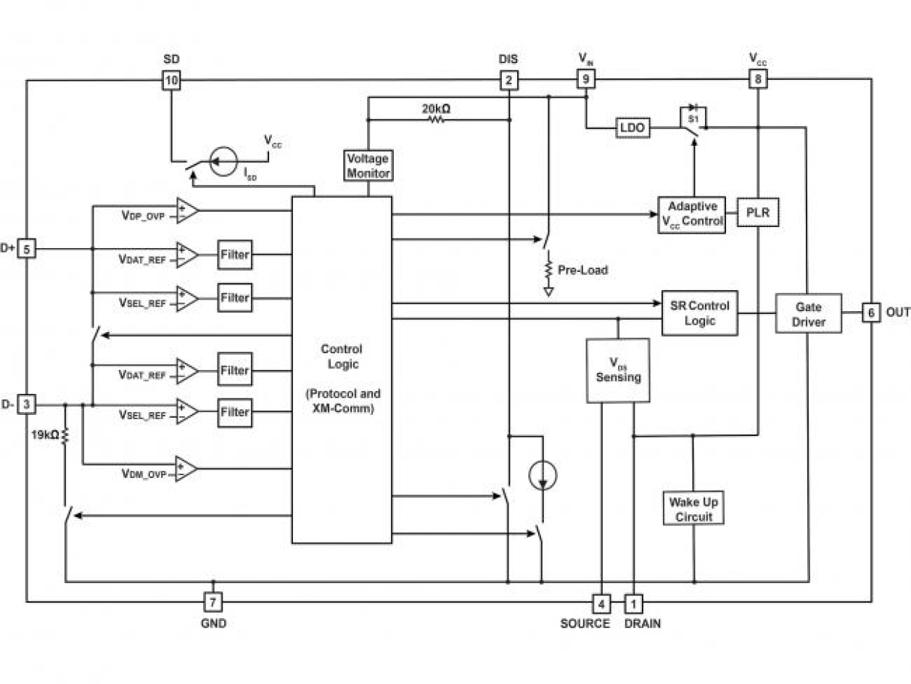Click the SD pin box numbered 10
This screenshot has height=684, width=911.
[x=171, y=81]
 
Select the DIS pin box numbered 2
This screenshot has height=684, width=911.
[x=509, y=81]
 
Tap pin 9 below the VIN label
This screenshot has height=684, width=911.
[x=585, y=79]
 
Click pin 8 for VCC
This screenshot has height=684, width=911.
[x=758, y=79]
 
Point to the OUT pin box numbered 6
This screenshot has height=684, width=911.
[x=871, y=313]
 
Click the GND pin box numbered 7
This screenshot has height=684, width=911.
[x=213, y=601]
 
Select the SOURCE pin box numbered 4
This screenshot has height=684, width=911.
[x=601, y=602]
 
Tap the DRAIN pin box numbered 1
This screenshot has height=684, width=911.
[x=633, y=602]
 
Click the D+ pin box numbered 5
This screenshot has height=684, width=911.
[x=26, y=249]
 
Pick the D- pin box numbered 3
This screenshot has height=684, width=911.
[x=26, y=404]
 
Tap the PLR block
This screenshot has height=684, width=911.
[x=757, y=213]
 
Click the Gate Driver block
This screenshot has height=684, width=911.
[x=808, y=313]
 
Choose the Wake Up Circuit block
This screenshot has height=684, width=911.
[x=694, y=508]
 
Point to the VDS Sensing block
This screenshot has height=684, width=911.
[x=618, y=370]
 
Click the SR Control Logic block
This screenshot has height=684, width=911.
[x=699, y=313]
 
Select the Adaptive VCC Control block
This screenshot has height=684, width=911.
[x=692, y=213]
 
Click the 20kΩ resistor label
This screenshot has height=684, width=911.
[x=436, y=109]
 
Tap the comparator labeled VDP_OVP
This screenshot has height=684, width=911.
[x=186, y=210]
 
